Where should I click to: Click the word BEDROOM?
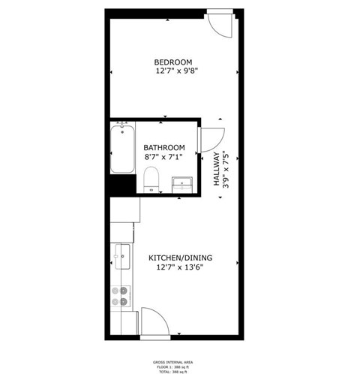point(173,62)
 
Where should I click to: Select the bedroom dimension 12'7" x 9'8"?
point(176,71)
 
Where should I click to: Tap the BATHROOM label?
point(164,147)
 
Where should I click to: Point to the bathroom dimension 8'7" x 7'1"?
point(163,157)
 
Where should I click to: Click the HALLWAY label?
point(216,164)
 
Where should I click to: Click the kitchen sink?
point(121,256)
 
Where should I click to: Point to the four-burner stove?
point(121,297)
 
